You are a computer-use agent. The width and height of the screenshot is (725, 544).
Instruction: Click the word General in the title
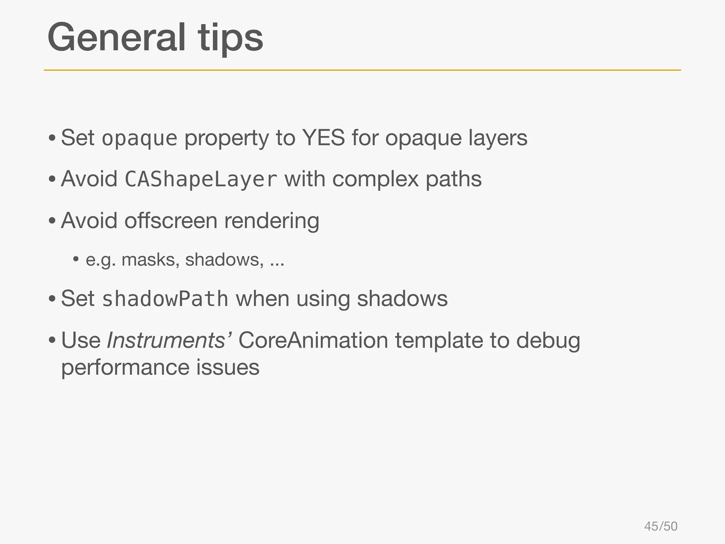point(116,37)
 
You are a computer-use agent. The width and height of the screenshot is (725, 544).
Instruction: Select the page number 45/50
point(661,526)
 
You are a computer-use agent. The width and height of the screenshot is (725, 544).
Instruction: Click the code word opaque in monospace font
point(139,138)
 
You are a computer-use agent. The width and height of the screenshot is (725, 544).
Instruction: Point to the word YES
point(323,138)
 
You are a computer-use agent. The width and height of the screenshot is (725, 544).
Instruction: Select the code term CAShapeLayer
point(201,180)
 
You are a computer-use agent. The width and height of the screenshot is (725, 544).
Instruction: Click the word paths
point(453,179)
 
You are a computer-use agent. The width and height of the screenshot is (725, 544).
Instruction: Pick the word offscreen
point(171,221)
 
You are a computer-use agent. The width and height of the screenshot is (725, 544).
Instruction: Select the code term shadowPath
point(165,299)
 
